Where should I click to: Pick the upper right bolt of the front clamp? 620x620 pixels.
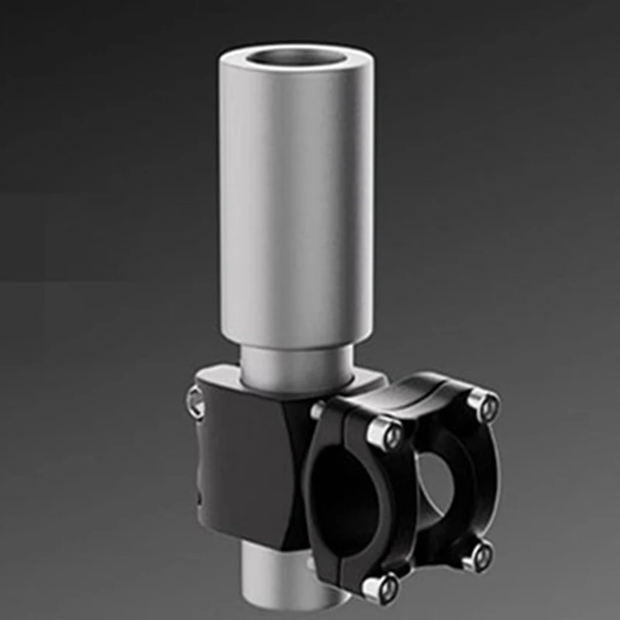pos(385,435)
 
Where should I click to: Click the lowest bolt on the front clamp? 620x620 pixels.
pos(379,588)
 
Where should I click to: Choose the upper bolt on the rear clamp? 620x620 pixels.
pos(482,404)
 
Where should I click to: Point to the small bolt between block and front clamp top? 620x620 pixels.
pos(318,410)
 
